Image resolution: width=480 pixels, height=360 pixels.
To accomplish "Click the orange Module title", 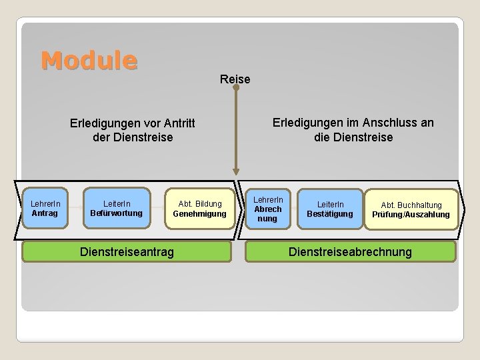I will pyautogui.click(x=89, y=61).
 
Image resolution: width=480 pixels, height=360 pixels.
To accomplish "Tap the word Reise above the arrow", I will pyautogui.click(x=235, y=79).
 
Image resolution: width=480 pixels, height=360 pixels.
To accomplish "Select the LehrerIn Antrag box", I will pyautogui.click(x=45, y=208).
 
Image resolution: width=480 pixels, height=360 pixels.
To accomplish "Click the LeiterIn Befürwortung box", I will pyautogui.click(x=117, y=208).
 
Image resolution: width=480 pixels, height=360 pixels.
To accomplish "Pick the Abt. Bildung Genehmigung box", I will pyautogui.click(x=199, y=208).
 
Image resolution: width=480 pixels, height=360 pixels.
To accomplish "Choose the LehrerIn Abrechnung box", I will pyautogui.click(x=267, y=209).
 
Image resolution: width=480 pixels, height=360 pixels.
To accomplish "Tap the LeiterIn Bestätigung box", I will pyautogui.click(x=330, y=209).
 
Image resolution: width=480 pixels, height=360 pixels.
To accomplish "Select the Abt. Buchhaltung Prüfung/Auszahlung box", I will pyautogui.click(x=411, y=209).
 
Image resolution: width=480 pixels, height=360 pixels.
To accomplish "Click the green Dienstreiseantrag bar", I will pyautogui.click(x=127, y=251).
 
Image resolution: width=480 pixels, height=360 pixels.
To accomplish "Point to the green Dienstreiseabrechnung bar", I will pyautogui.click(x=350, y=251).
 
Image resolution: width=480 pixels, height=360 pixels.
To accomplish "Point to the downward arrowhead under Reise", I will pyautogui.click(x=235, y=171).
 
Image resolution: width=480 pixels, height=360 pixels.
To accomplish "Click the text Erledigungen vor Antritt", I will pyautogui.click(x=133, y=123).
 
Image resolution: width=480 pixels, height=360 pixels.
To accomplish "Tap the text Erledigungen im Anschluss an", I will pyautogui.click(x=353, y=123).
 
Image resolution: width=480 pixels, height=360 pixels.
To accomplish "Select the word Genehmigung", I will pyautogui.click(x=199, y=213).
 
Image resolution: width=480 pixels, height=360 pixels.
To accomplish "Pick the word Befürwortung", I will pyautogui.click(x=117, y=213).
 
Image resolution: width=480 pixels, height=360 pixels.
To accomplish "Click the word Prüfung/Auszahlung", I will pyautogui.click(x=411, y=215).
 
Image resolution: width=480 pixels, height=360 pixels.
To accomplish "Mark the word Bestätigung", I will pyautogui.click(x=330, y=214).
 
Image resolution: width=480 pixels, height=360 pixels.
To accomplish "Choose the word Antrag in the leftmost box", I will pyautogui.click(x=45, y=213).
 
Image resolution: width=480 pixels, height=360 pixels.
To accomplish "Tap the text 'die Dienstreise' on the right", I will pyautogui.click(x=353, y=137).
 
